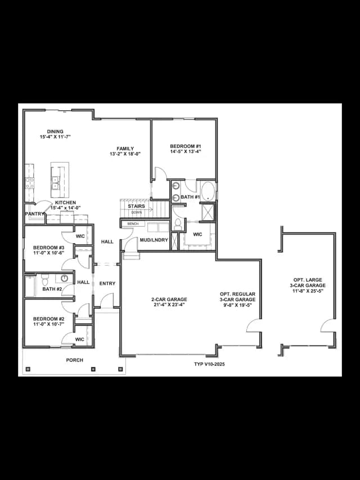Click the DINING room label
[x=55, y=132]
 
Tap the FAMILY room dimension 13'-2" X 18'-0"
[x=125, y=154]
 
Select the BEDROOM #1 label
[x=186, y=146]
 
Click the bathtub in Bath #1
[x=208, y=191]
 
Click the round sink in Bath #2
[x=64, y=279]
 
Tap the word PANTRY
[x=34, y=214]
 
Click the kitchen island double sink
[x=56, y=183]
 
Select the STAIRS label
[x=136, y=207]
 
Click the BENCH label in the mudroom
[x=133, y=224]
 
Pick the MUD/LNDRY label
[x=154, y=240]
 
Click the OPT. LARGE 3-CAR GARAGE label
[x=308, y=282]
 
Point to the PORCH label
[x=75, y=360]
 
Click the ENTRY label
[x=107, y=284]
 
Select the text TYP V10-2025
[x=209, y=364]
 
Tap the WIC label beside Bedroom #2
[x=79, y=339]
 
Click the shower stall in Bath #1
[x=208, y=212]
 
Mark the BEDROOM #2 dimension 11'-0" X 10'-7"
[x=49, y=324]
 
